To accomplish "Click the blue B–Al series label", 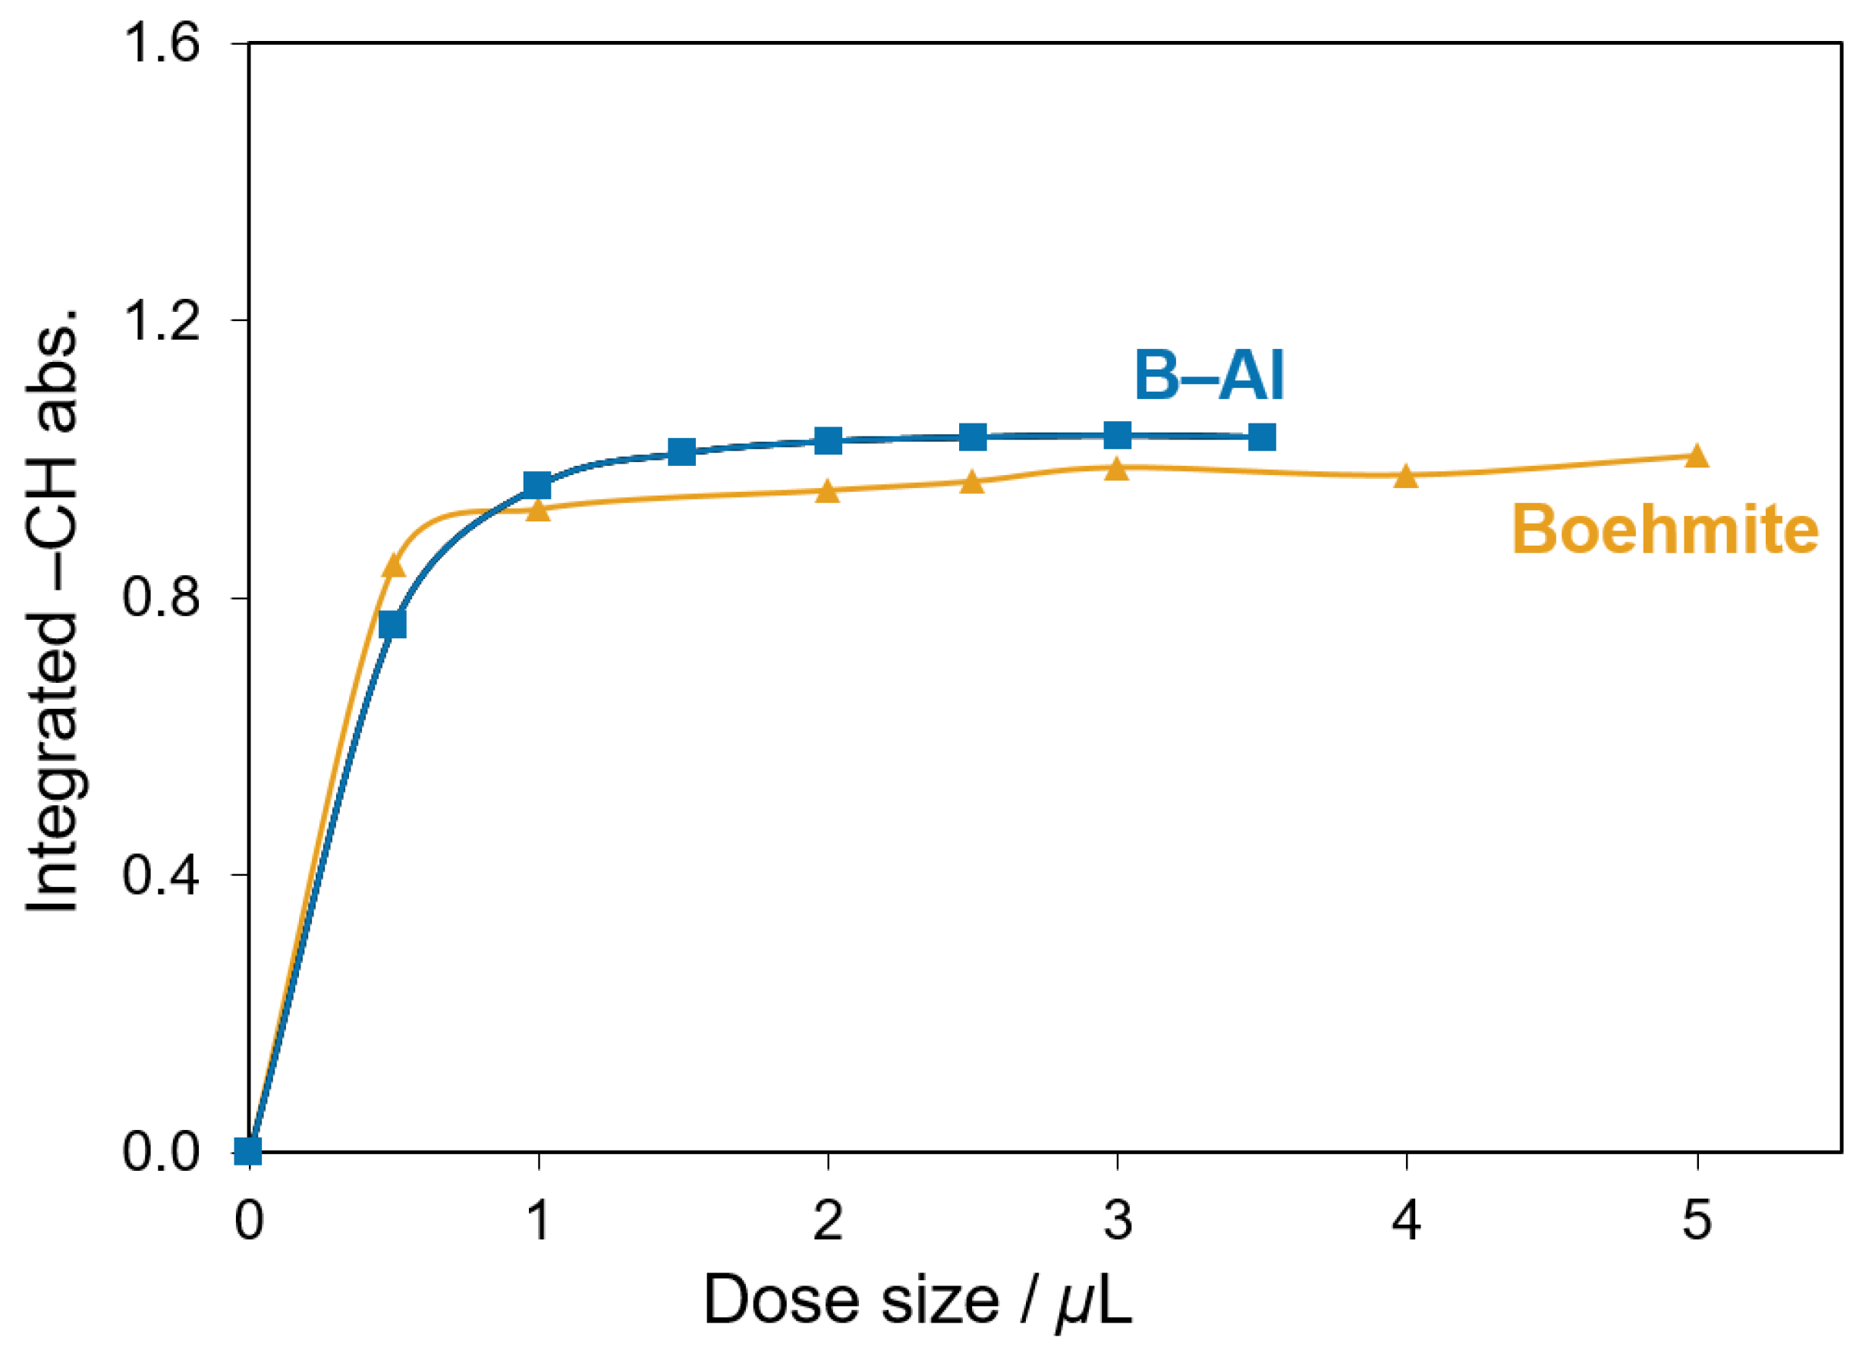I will pyautogui.click(x=1210, y=376).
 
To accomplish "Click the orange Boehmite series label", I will pyautogui.click(x=1665, y=529).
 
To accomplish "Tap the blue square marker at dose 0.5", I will pyautogui.click(x=393, y=625).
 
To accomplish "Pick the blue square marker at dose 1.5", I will pyautogui.click(x=682, y=452).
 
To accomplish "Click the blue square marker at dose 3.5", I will pyautogui.click(x=1262, y=436).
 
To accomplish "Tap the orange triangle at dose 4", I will pyautogui.click(x=1406, y=476).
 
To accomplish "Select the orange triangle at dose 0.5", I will pyautogui.click(x=394, y=565).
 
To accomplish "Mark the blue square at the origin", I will pyautogui.click(x=248, y=1150).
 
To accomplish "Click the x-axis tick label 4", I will pyautogui.click(x=1406, y=1220).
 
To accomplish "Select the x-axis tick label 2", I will pyautogui.click(x=828, y=1220).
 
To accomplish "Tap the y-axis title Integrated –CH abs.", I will pyautogui.click(x=52, y=612).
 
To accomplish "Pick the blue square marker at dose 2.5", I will pyautogui.click(x=973, y=436).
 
